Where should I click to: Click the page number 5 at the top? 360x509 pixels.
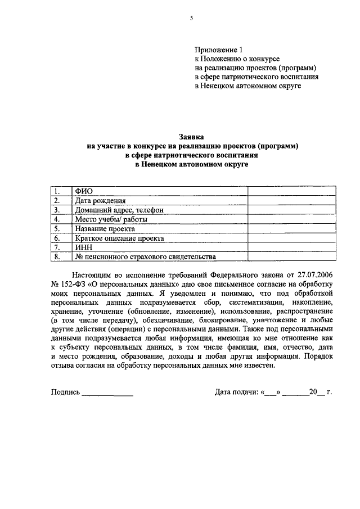191,18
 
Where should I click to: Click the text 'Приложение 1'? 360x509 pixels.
217,50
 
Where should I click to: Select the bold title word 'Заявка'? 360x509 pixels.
191,137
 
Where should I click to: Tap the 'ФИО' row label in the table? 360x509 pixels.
83,191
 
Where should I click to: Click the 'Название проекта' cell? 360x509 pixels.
105,229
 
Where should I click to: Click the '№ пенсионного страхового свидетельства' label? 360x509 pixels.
145,257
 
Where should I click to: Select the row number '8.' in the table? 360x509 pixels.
56,257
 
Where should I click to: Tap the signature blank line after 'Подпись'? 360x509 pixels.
107,393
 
